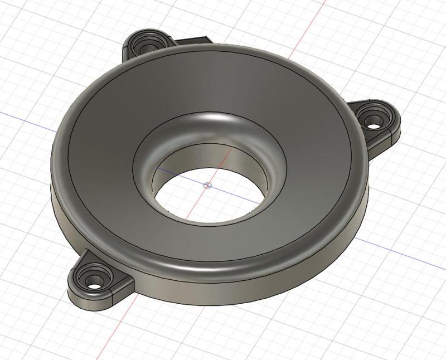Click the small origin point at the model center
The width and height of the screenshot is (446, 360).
(x=207, y=186)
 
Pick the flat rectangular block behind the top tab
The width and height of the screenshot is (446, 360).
(x=192, y=40)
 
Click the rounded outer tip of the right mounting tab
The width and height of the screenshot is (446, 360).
(x=398, y=125)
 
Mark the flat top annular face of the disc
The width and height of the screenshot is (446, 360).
(x=312, y=184)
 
